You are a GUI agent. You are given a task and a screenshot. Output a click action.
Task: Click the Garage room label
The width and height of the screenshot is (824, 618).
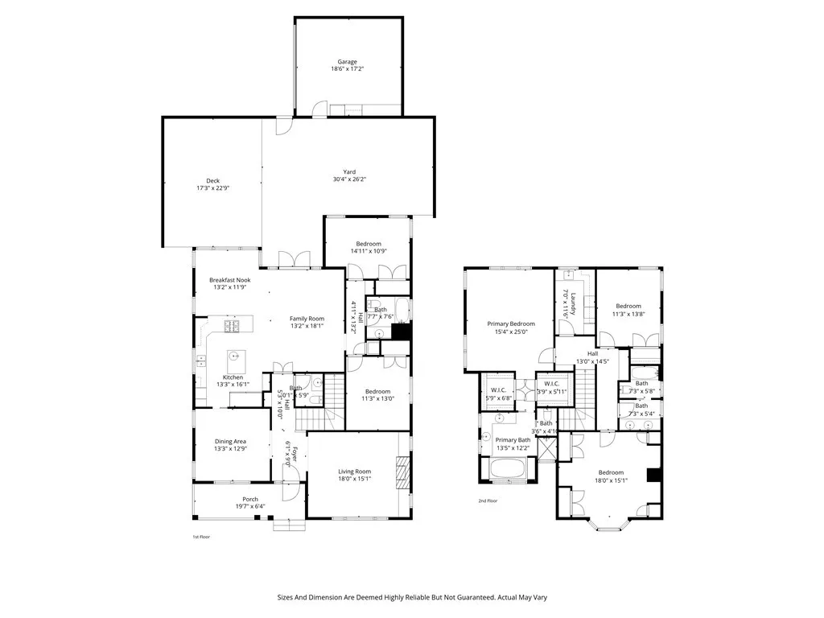tap(348, 62)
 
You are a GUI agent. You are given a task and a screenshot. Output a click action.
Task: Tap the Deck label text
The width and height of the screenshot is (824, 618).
tap(213, 180)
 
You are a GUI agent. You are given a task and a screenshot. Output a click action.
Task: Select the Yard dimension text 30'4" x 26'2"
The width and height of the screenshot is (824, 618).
tap(349, 179)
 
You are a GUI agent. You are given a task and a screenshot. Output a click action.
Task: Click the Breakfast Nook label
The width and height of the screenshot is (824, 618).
tap(230, 280)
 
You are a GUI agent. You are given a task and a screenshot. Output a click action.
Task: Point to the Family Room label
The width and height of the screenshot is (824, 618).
tap(307, 318)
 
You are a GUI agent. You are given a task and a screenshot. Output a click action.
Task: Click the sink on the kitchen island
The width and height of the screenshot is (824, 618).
tap(235, 355)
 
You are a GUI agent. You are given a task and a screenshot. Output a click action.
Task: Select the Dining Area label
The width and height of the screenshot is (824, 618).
tap(230, 441)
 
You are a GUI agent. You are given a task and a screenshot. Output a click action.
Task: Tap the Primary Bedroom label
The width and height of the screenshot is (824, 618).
tap(511, 323)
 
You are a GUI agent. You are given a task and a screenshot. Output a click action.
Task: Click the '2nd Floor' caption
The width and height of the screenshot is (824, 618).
tap(488, 501)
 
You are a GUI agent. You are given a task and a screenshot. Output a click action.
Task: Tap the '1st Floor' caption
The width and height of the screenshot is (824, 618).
tap(200, 537)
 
